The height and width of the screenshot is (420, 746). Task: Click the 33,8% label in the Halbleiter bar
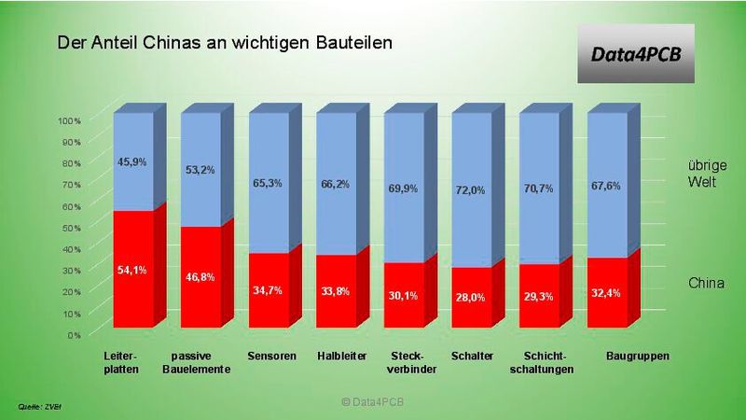(x=335, y=289)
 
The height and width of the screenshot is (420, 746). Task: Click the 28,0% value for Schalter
(x=470, y=296)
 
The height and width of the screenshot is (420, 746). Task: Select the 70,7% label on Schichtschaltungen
(x=538, y=189)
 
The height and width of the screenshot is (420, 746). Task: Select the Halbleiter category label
(x=342, y=357)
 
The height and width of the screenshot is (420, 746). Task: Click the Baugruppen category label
(x=638, y=357)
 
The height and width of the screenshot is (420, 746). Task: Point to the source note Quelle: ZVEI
(x=39, y=407)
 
